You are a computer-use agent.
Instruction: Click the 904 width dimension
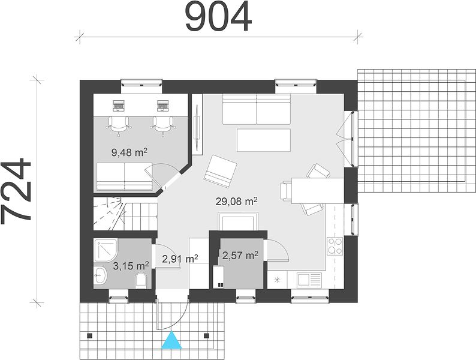[x=218, y=17]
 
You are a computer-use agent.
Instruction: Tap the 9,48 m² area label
[x=129, y=152]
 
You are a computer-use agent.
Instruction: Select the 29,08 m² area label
[x=237, y=201]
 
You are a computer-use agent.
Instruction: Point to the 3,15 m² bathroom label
[x=131, y=266]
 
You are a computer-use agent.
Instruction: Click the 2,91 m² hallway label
[x=180, y=259]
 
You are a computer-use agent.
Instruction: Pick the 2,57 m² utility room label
[x=240, y=256]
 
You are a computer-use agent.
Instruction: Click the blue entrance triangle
[x=172, y=340]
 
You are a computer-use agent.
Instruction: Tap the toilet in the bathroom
[x=140, y=280]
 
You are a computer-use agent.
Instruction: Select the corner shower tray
[x=106, y=250]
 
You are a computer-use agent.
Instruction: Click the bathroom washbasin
[x=100, y=275]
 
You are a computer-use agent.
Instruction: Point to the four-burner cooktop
[x=335, y=246]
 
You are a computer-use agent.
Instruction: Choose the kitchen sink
[x=309, y=279]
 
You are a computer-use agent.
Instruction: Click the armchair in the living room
[x=220, y=171]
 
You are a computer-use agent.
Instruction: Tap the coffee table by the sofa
[x=264, y=140]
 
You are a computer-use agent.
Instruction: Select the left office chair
[x=119, y=125]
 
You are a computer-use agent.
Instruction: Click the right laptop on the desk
[x=163, y=106]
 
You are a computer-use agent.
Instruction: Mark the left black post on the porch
[x=89, y=335]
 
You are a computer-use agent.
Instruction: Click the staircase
[x=125, y=213]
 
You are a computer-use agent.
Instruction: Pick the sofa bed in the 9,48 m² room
[x=125, y=177]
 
